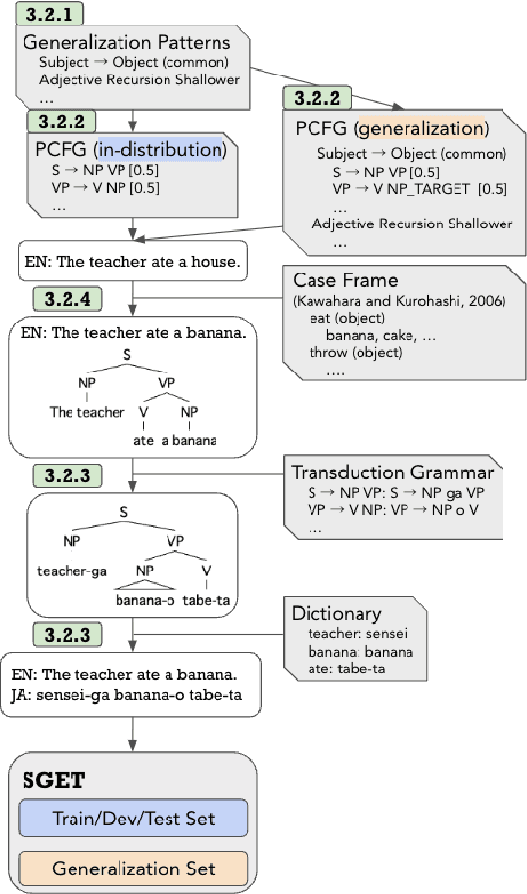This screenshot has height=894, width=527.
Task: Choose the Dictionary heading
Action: [336, 614]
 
